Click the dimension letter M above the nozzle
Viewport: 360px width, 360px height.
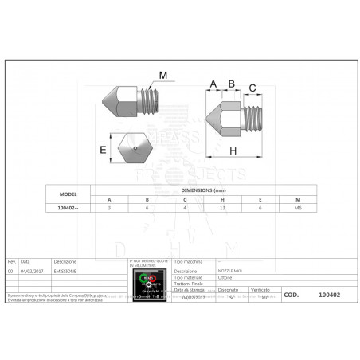tap(163, 76)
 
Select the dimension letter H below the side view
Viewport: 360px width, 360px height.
tap(233, 151)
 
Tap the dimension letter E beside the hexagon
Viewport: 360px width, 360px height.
tap(103, 148)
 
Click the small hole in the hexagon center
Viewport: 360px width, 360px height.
tap(135, 147)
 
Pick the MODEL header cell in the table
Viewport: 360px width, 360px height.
tap(68, 194)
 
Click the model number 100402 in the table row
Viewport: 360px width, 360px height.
tap(68, 208)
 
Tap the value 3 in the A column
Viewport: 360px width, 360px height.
tap(110, 208)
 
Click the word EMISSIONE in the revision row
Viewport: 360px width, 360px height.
tap(66, 272)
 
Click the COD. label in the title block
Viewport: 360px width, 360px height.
tap(291, 294)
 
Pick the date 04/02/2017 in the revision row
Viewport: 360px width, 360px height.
tap(31, 272)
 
